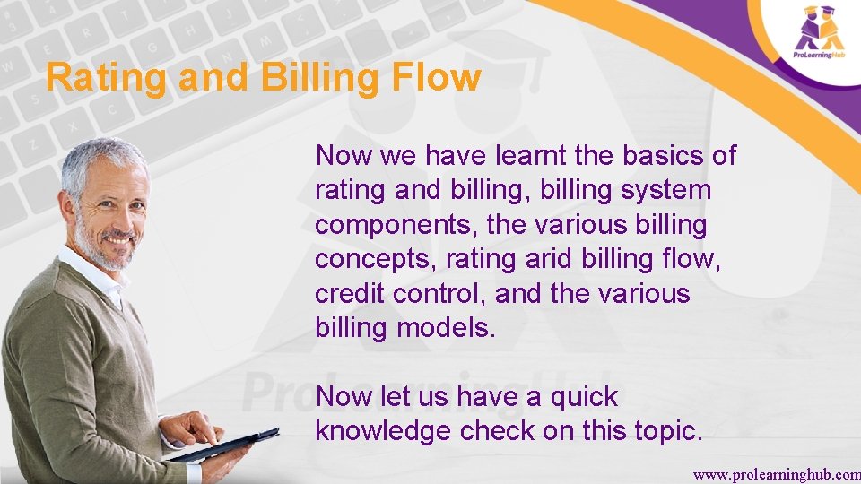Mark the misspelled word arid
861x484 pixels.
(547, 260)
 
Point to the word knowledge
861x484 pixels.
(383, 432)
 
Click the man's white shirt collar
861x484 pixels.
(90, 273)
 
